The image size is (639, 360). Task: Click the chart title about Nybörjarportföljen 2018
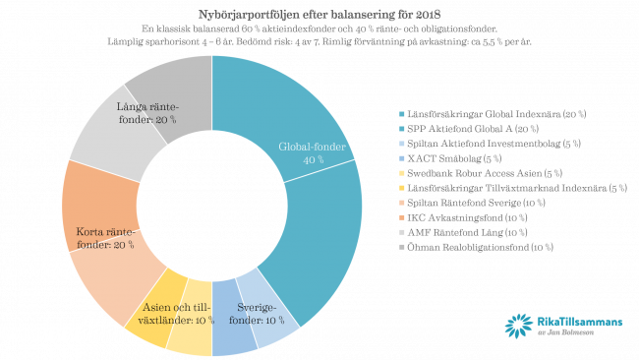pos(319,15)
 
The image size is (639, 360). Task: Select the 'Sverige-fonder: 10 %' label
pos(258,314)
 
